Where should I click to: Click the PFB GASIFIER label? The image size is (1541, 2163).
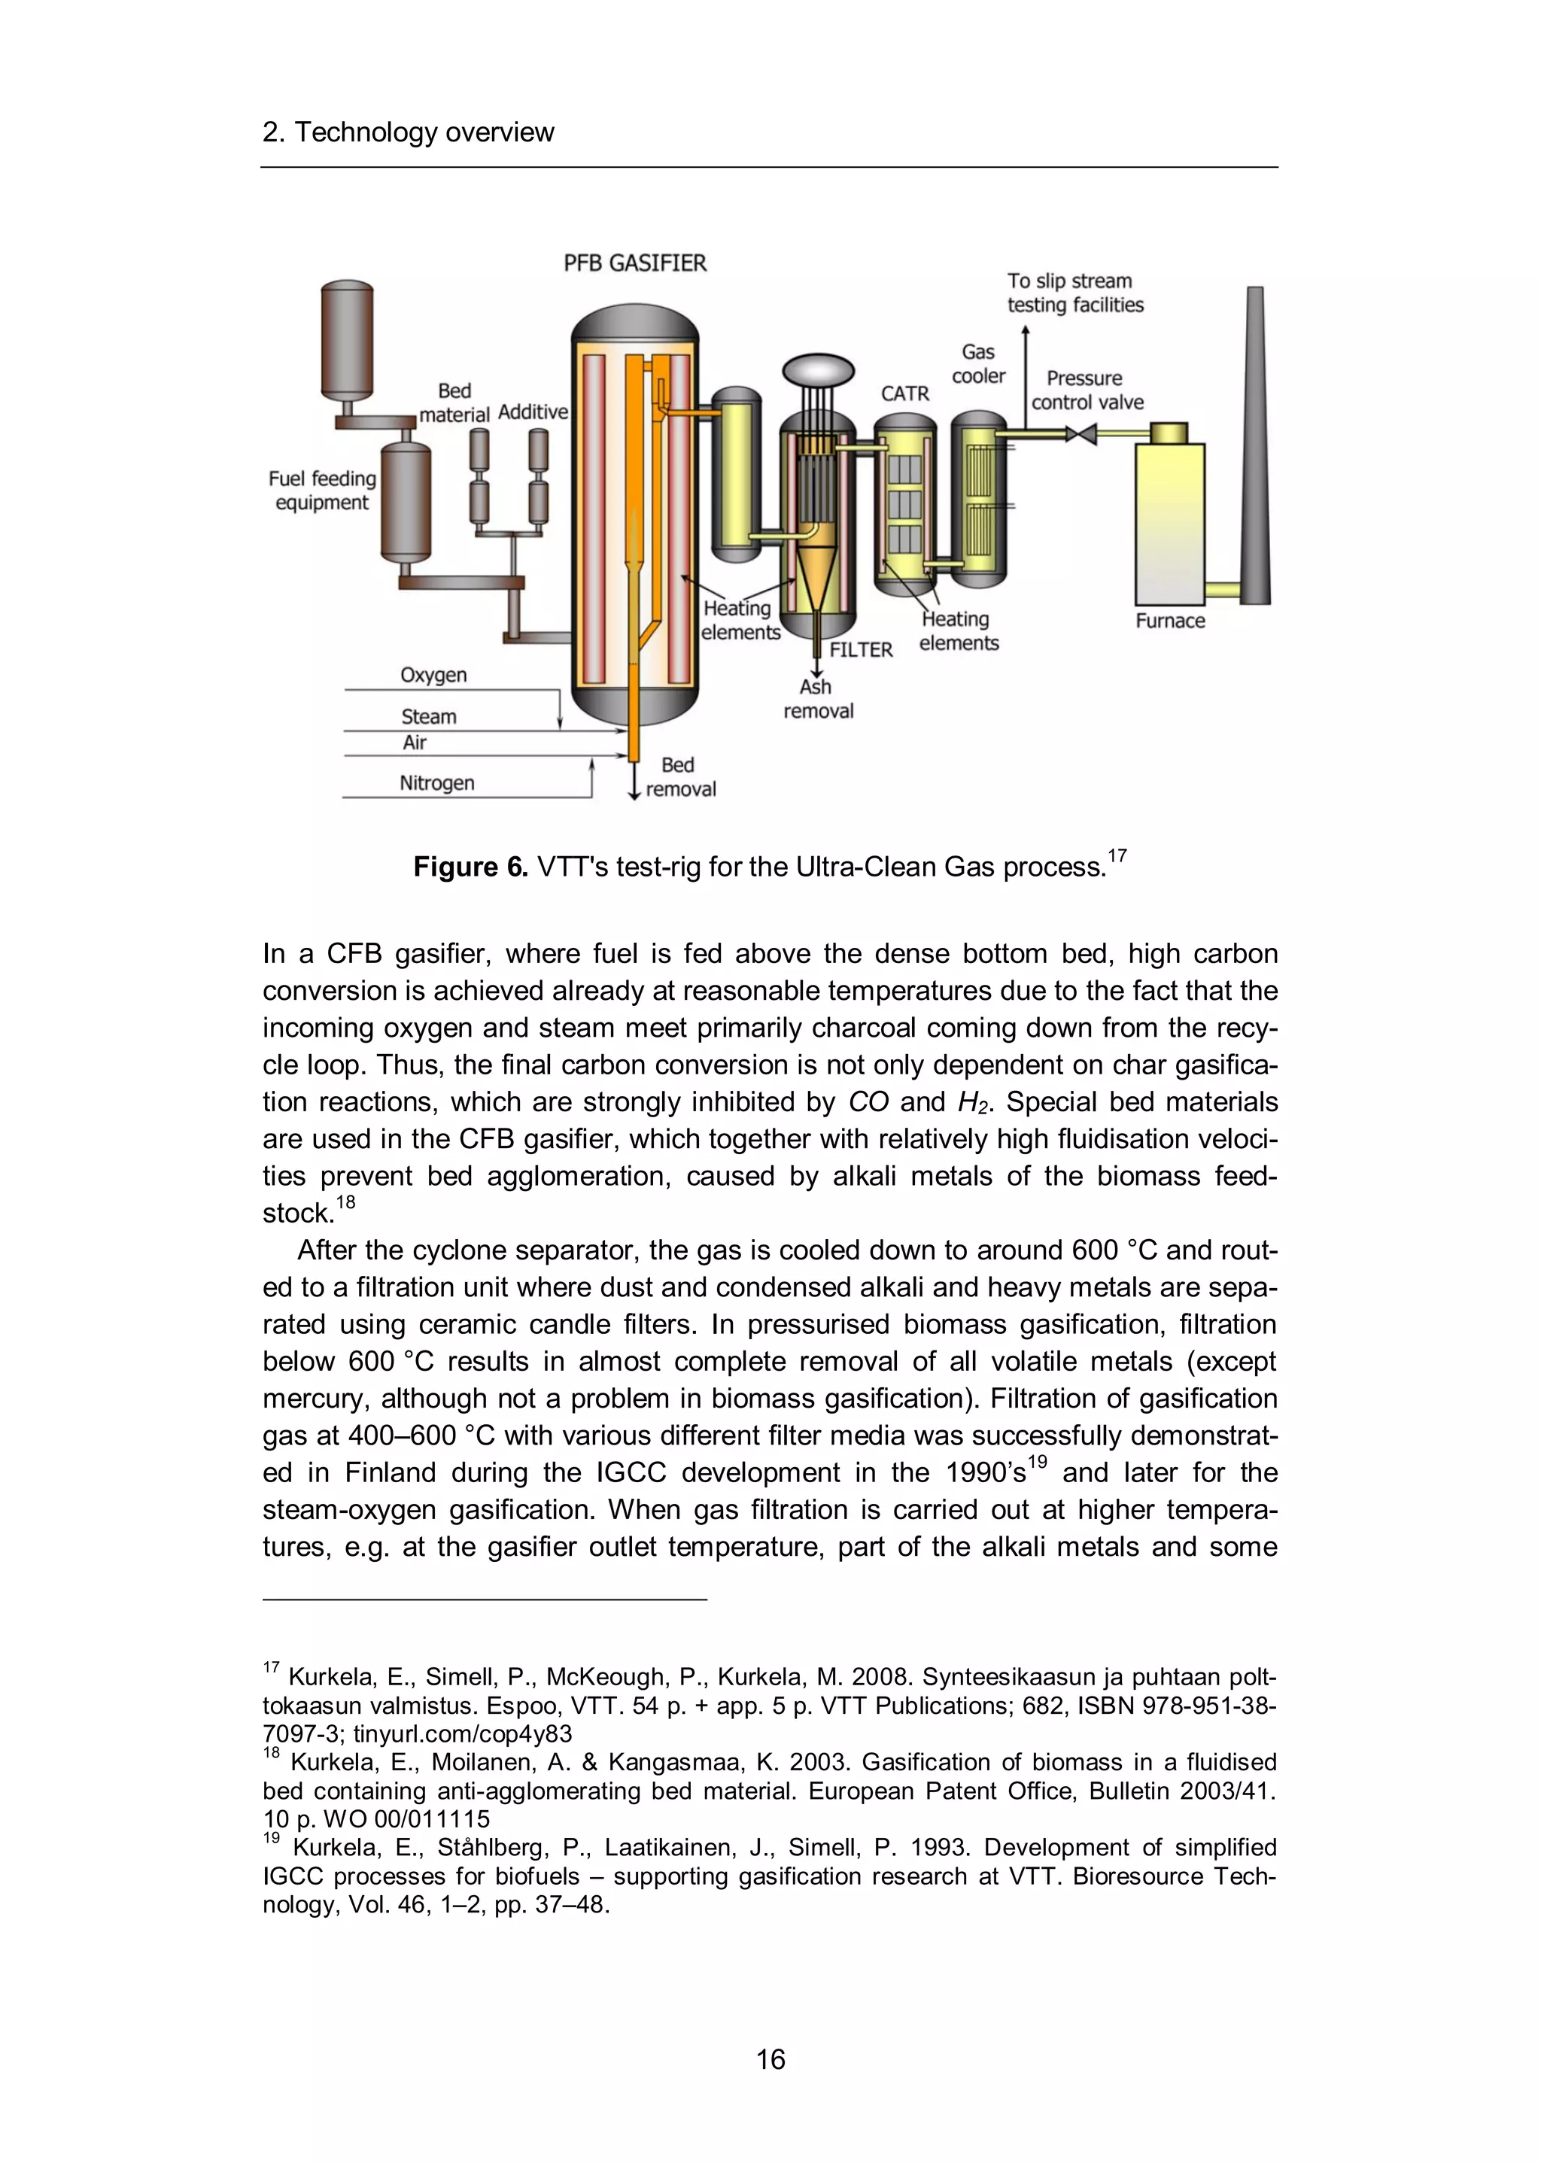pos(635,263)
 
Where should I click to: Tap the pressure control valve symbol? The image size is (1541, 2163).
pos(1081,435)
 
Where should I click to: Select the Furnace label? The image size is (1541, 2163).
pos(1169,621)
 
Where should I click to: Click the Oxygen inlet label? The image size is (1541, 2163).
pos(433,675)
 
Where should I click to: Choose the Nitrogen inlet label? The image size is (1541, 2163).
pos(436,782)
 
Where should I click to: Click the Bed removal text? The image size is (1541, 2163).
pos(679,777)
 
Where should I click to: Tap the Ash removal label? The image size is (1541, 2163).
pos(818,699)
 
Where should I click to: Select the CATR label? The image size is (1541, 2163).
pos(904,393)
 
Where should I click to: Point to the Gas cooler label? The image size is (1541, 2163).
pos(978,364)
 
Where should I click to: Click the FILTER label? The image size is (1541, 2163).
pos(861,650)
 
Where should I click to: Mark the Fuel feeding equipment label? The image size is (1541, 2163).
pos(322,491)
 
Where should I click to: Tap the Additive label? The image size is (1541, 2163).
pos(532,412)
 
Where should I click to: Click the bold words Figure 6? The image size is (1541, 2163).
pos(470,867)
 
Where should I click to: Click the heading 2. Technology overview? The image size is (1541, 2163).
pos(408,132)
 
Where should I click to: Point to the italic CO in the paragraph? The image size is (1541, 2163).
pos(868,1101)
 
